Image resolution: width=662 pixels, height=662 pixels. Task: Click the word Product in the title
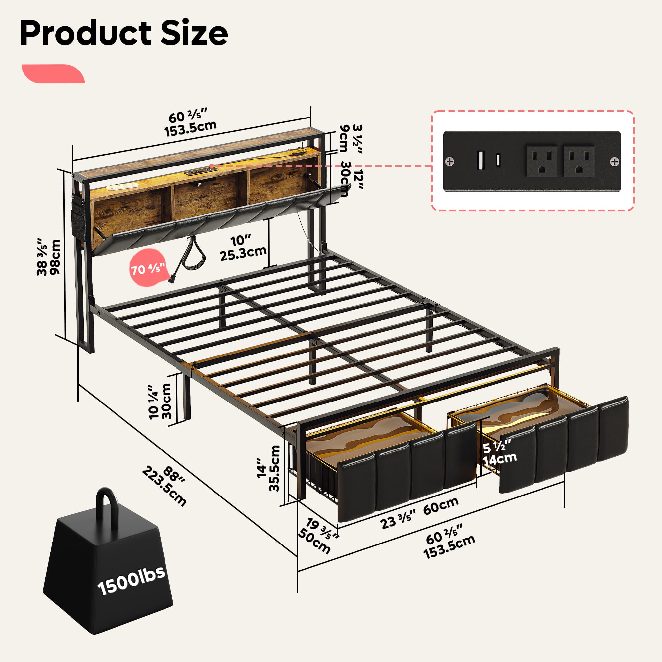pos(86,33)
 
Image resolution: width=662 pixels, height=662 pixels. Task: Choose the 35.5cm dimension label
pos(274,468)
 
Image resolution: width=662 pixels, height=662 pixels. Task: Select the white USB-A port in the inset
pos(480,160)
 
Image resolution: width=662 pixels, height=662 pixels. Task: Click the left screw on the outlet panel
pos(449,161)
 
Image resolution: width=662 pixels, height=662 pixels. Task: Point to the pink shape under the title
pos(53,74)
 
